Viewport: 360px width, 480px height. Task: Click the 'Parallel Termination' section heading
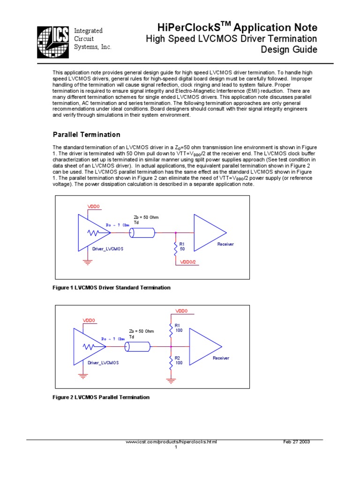[86, 135]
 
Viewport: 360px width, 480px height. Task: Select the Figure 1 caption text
[111, 287]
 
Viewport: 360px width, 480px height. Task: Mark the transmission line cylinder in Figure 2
[138, 346]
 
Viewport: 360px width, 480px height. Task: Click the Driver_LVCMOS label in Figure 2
[103, 363]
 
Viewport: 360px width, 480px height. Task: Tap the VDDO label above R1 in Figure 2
[181, 311]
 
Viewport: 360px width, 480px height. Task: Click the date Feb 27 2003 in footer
[297, 442]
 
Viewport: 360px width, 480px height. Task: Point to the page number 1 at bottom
[176, 447]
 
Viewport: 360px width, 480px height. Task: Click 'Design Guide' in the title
[289, 50]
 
